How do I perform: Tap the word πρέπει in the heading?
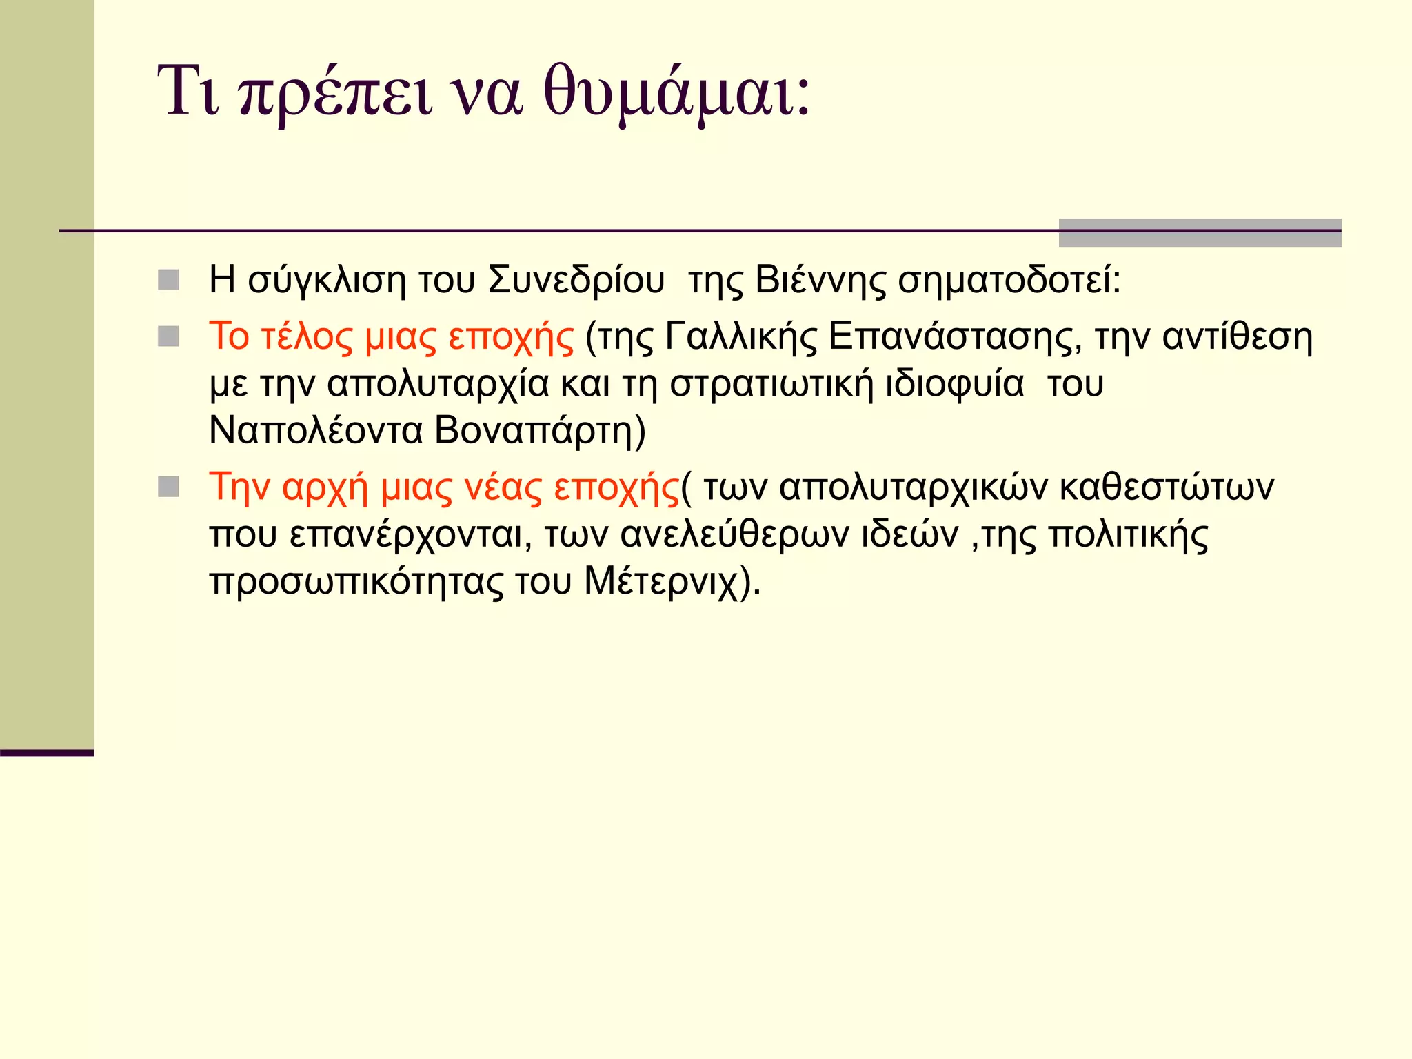[336, 92]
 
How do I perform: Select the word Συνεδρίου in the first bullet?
[576, 281]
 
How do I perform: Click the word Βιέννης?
[820, 281]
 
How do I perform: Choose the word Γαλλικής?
[740, 337]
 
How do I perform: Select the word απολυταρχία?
[438, 384]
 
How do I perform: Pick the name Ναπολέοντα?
[316, 431]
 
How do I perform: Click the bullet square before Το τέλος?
[168, 336]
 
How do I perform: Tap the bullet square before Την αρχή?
[168, 487]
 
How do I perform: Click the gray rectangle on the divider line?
[1200, 232]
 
